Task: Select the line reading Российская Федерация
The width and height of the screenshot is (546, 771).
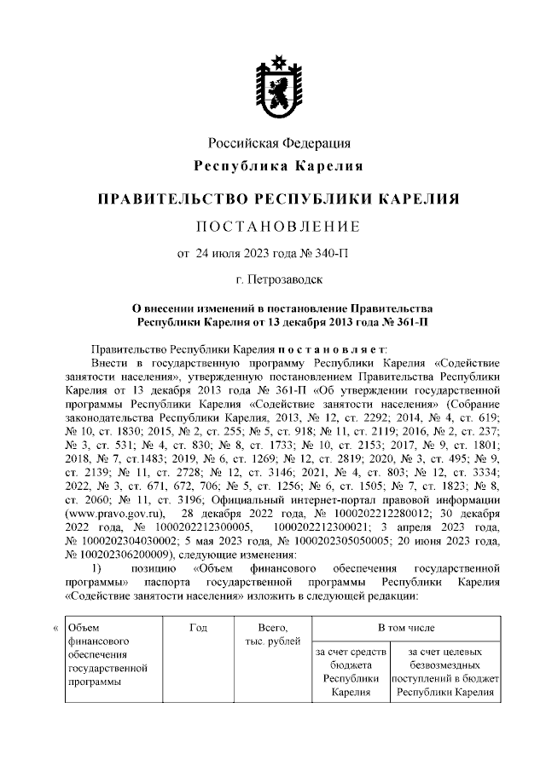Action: point(280,142)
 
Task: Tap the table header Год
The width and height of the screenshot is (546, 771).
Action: point(198,628)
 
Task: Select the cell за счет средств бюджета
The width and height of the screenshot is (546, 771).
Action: point(350,672)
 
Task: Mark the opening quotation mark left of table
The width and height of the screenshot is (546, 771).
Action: point(56,629)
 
